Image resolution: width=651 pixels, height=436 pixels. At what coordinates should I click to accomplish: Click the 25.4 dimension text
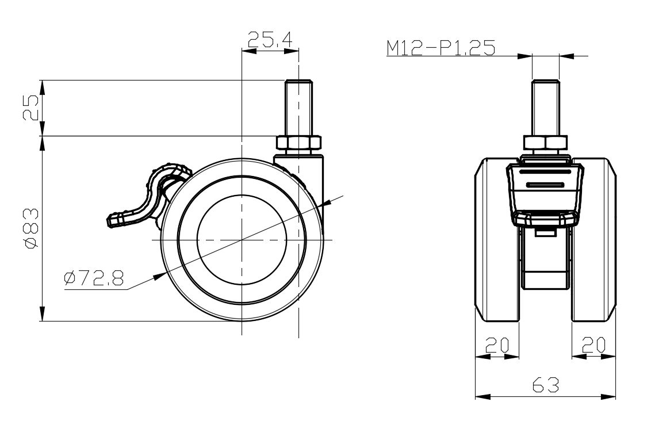270,40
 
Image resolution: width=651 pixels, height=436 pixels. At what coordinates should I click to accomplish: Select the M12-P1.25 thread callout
441,48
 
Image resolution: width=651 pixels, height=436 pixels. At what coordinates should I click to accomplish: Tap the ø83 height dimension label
32,229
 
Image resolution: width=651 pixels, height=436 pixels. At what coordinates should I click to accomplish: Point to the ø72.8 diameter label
94,278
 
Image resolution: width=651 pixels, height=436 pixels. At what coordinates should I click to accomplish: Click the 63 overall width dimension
546,385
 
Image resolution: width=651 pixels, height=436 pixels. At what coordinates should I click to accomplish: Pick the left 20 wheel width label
497,345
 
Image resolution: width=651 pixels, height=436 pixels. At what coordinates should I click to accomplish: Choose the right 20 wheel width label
593,345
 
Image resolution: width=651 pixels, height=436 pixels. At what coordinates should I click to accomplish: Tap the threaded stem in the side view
298,107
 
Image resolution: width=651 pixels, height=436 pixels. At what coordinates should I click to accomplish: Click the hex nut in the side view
298,143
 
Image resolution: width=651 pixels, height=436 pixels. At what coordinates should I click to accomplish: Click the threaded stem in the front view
546,107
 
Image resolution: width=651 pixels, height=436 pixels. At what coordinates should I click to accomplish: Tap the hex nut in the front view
546,143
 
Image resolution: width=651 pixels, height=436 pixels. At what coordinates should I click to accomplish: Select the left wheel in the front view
496,240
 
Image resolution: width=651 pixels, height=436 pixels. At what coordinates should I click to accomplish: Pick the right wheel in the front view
594,240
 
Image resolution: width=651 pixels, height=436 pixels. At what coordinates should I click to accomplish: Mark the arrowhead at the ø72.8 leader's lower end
158,276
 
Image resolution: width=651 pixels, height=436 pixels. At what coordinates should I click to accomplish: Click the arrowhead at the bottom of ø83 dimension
43,314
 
